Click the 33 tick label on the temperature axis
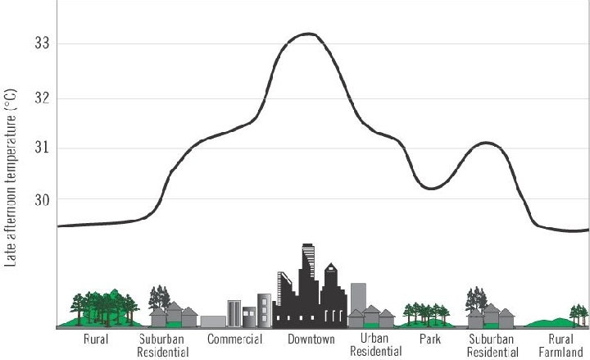click(38, 43)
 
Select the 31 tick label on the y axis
click(38, 148)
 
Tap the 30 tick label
click(38, 200)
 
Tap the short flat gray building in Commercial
click(213, 321)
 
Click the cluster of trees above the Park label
click(424, 312)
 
